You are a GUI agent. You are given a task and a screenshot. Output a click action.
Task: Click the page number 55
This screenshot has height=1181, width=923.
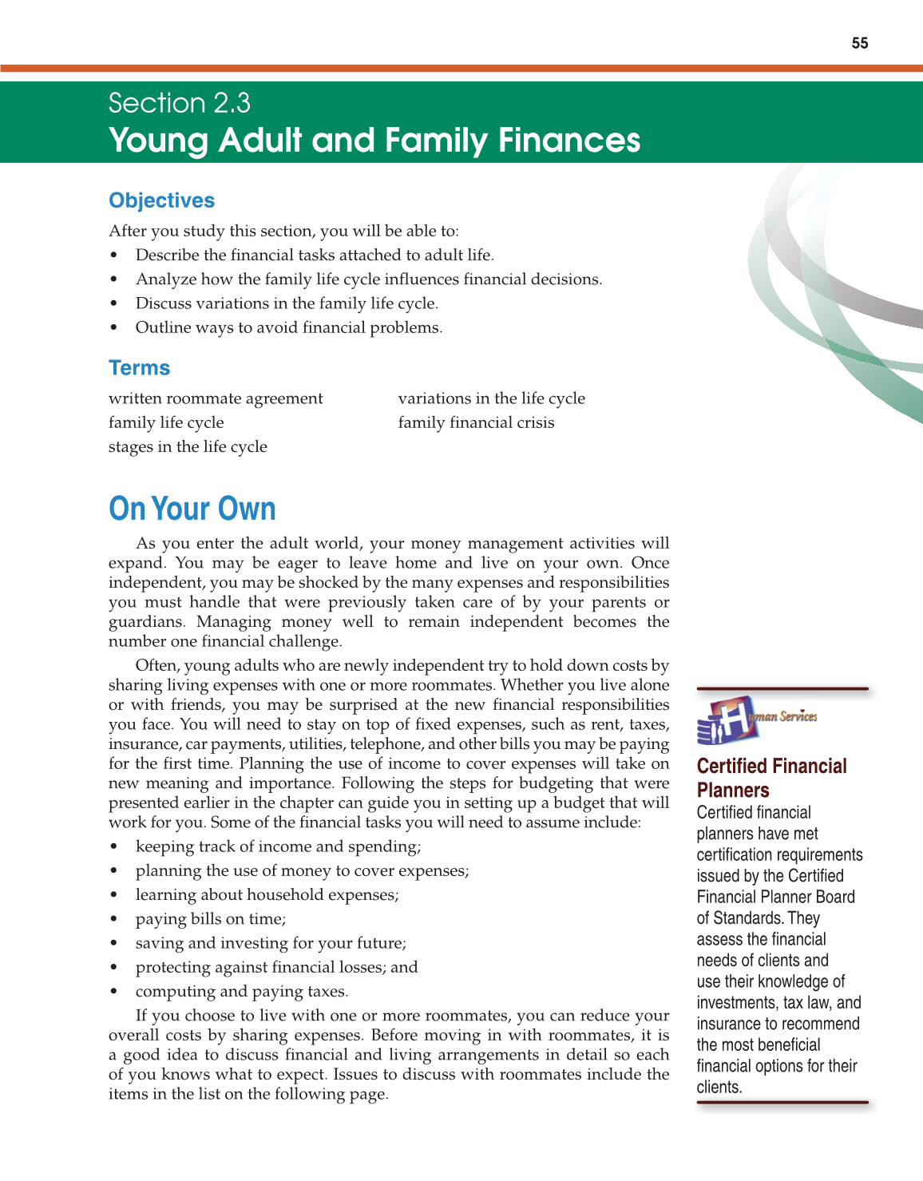[859, 43]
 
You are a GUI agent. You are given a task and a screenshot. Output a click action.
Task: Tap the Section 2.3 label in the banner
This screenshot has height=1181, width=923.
[180, 103]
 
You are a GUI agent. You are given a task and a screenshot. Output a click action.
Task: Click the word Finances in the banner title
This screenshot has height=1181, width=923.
[569, 141]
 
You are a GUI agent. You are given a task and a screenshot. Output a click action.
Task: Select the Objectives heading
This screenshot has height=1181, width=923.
[162, 200]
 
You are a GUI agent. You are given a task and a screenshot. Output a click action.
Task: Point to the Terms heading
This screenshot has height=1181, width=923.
[140, 368]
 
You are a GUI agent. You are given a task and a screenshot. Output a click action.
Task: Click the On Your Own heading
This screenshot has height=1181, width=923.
[192, 509]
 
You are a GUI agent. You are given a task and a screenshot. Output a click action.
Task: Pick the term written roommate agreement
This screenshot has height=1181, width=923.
[216, 398]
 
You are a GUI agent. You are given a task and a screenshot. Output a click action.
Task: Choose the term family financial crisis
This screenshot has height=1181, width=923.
[476, 422]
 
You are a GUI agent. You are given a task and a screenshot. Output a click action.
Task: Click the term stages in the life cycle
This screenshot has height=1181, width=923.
[188, 446]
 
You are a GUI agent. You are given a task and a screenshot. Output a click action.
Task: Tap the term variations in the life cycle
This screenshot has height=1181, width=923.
[491, 398]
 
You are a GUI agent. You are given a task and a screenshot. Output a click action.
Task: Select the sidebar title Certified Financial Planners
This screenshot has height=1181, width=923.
[771, 778]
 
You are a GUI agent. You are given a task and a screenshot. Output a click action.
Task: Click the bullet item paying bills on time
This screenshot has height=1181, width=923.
[211, 919]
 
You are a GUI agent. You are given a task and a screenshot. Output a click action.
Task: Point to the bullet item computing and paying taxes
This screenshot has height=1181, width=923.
[242, 992]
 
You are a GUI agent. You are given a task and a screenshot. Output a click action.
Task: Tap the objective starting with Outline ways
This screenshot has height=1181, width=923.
[288, 327]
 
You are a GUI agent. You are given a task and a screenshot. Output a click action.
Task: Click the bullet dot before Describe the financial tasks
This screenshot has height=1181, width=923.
[114, 256]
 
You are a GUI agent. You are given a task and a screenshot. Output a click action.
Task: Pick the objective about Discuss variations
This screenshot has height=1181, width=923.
[287, 303]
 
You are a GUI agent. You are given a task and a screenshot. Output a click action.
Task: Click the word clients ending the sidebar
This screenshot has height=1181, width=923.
[719, 1087]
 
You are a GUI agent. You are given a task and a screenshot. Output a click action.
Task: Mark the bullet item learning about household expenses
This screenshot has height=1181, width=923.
[267, 895]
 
